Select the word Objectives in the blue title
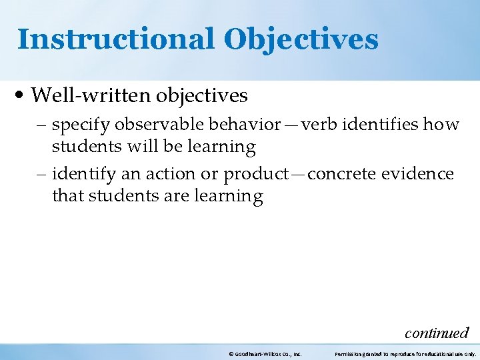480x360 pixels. click(301, 39)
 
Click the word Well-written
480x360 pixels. click(91, 96)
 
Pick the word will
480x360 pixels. click(127, 146)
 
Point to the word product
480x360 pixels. click(257, 175)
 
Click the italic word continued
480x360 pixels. click(437, 332)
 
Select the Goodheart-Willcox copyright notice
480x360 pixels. click(265, 354)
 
